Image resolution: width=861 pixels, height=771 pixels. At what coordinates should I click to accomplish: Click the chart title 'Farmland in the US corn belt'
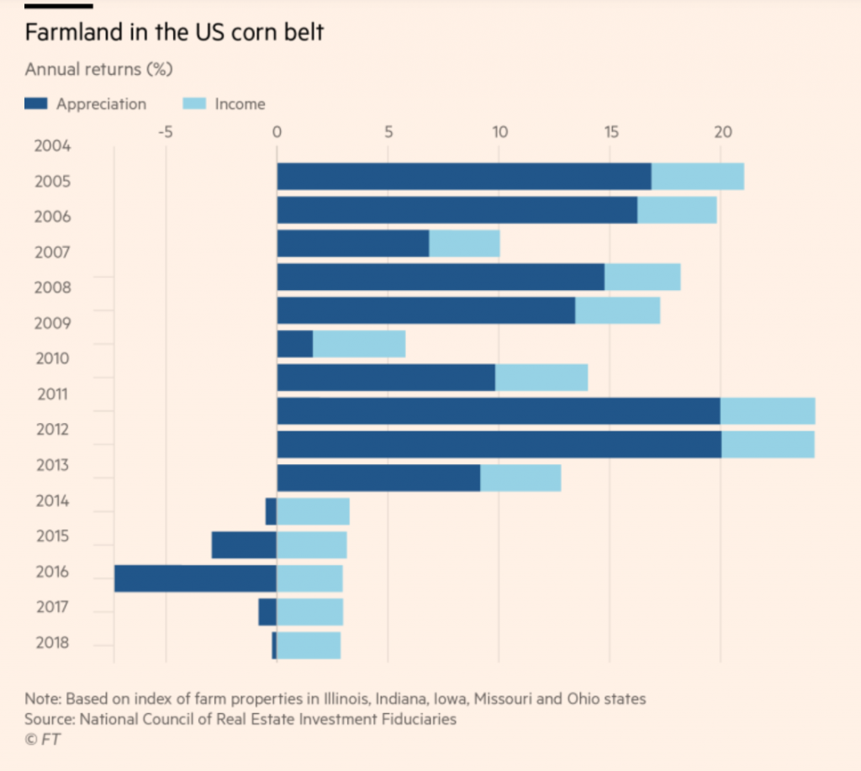173,34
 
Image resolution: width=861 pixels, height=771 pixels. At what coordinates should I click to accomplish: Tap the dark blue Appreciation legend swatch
37,104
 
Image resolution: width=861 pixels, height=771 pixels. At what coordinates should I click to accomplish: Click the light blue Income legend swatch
194,104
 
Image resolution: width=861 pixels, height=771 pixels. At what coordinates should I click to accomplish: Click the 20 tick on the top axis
721,131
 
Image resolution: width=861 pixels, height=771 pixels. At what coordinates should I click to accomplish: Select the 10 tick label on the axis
499,131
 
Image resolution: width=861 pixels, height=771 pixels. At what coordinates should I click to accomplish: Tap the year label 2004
53,146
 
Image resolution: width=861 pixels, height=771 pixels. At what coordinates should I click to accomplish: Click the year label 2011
53,394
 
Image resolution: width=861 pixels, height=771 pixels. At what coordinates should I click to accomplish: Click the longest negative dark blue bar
195,578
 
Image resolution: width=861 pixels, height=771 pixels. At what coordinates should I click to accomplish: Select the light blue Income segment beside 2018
309,645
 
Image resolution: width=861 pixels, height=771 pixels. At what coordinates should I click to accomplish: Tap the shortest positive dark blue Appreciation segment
294,344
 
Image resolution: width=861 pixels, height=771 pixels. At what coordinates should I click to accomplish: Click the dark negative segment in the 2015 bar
244,545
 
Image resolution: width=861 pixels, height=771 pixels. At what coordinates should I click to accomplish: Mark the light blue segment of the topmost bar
697,177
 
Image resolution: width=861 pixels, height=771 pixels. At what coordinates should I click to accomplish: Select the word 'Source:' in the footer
49,719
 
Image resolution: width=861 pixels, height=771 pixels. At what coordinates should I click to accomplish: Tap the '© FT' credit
43,739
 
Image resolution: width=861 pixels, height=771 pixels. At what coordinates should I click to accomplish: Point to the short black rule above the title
58,7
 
